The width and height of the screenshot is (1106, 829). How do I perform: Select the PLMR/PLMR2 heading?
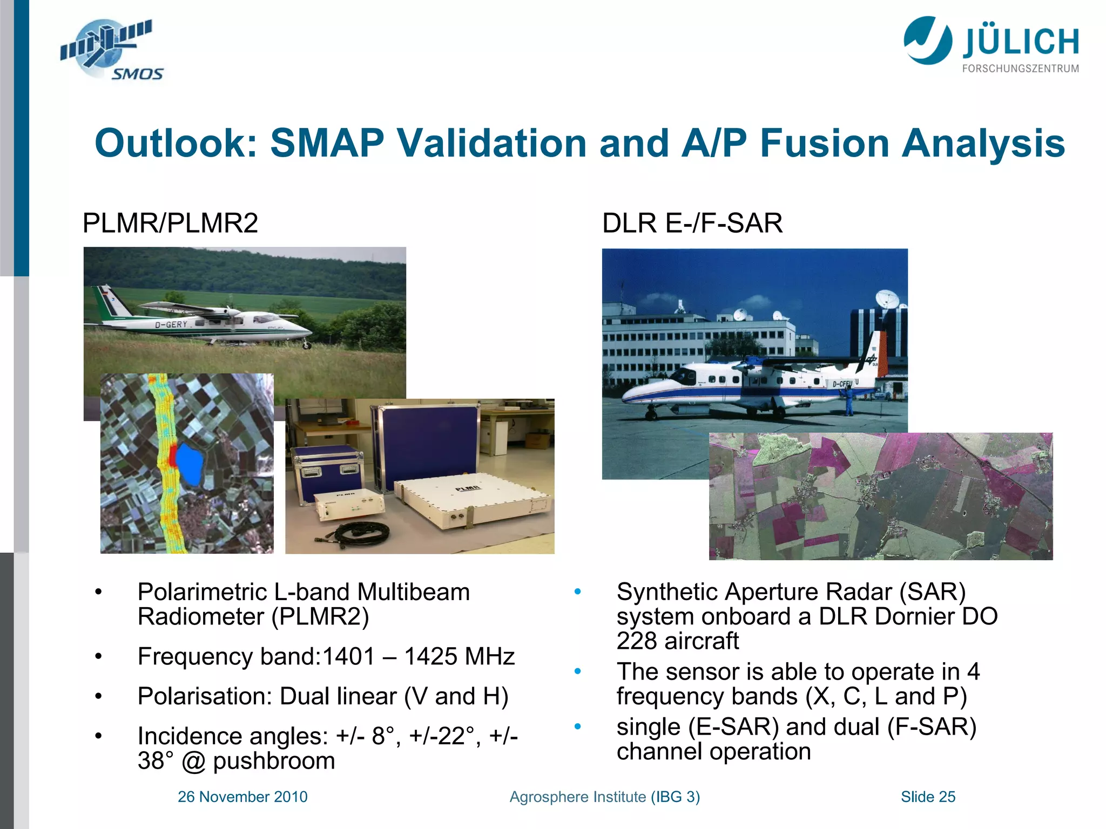(x=170, y=223)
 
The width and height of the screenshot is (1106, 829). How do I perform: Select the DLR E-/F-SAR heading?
(x=692, y=223)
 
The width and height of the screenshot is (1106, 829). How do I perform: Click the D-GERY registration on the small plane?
(x=171, y=324)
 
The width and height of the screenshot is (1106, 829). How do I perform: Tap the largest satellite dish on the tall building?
(x=887, y=298)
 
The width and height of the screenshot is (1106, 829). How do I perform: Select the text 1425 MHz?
(x=459, y=657)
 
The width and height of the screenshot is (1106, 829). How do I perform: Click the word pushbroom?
(x=274, y=761)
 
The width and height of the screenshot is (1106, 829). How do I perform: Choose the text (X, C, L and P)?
(x=886, y=696)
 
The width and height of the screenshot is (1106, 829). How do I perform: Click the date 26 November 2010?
(x=242, y=797)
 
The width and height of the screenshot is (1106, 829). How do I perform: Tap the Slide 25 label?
(x=928, y=797)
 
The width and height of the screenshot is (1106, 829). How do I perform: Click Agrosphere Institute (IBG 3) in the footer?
(x=604, y=797)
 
